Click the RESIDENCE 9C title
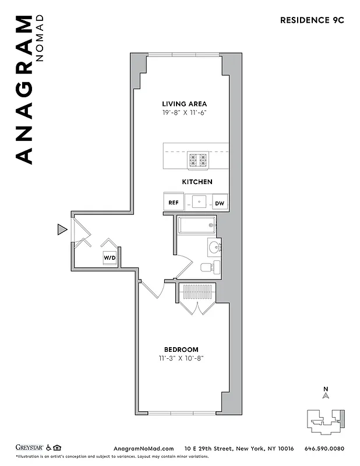[312, 19]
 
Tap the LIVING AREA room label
[185, 104]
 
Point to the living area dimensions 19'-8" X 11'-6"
[185, 113]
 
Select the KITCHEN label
[197, 182]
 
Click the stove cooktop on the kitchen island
[197, 159]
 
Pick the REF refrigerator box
[174, 203]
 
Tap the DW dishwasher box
[220, 203]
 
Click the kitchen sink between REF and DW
[199, 203]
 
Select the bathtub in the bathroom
[197, 225]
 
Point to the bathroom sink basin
[214, 247]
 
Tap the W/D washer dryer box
[110, 257]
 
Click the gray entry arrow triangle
[62, 230]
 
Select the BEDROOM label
[181, 349]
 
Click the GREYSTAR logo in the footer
[29, 448]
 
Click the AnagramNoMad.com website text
[143, 449]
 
